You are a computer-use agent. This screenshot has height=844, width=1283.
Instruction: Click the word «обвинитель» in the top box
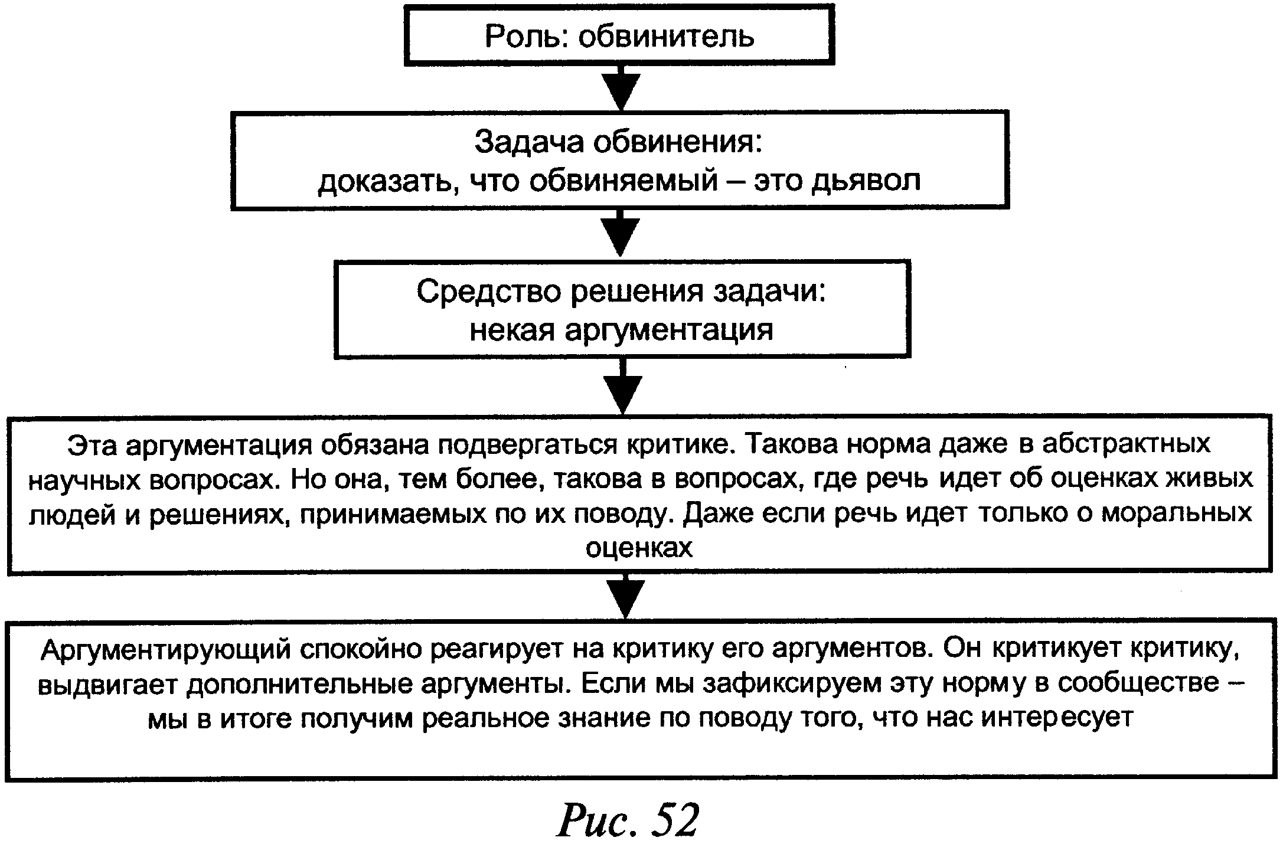click(x=666, y=37)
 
